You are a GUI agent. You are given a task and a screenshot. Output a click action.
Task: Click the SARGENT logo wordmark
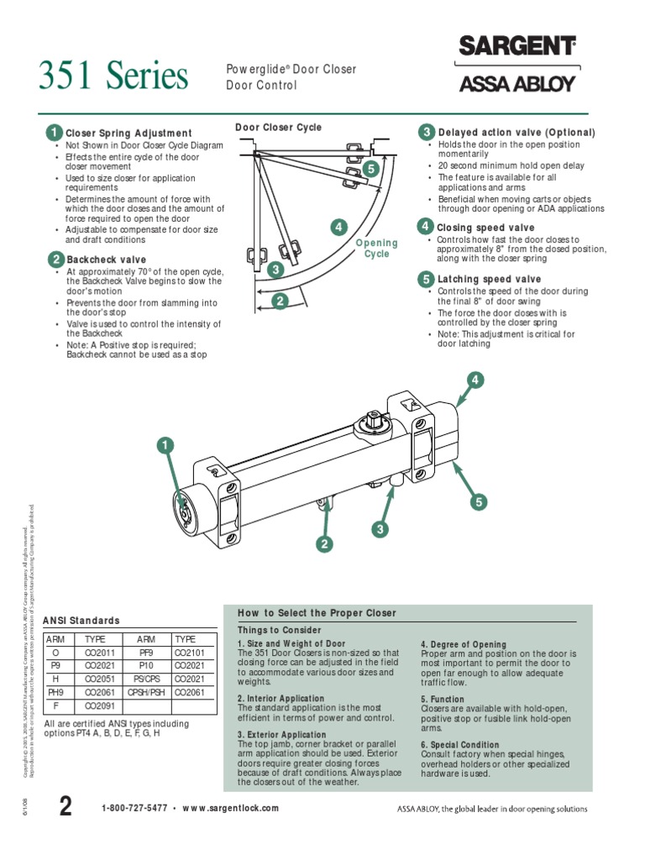[x=517, y=47]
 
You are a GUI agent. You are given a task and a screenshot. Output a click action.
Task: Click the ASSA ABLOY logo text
[x=517, y=83]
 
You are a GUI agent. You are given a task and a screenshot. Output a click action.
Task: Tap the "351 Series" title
[x=113, y=77]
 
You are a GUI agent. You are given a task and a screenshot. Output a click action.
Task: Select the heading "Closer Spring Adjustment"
[x=128, y=134]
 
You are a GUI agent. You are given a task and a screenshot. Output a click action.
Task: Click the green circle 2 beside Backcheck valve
[x=55, y=260]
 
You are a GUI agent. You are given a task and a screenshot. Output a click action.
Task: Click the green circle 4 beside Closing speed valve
[x=426, y=228]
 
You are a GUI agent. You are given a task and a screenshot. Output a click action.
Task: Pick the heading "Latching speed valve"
[x=489, y=279]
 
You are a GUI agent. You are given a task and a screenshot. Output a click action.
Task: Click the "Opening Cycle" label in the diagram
[x=376, y=249]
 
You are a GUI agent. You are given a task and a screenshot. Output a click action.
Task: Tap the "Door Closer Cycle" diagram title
[x=278, y=128]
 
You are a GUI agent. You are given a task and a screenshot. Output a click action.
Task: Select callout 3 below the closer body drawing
[x=380, y=529]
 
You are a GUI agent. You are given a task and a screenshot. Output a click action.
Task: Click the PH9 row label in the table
[x=56, y=693]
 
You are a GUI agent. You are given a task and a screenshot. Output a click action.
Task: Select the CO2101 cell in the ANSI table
[x=190, y=653]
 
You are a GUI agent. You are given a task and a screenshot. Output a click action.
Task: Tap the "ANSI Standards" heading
[x=81, y=621]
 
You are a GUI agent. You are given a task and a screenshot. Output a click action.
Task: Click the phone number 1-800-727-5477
[x=134, y=808]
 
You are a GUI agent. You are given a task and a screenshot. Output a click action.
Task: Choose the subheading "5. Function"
[x=443, y=699]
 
